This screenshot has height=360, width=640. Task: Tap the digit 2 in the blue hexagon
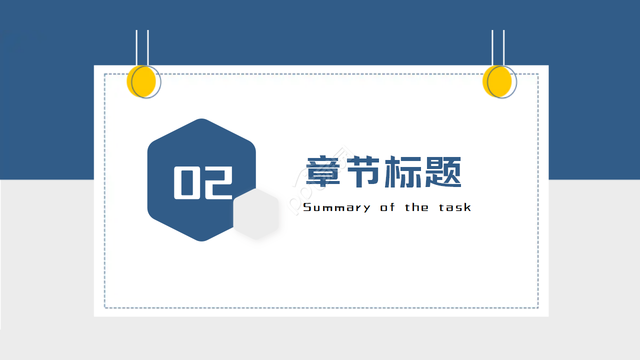(x=217, y=182)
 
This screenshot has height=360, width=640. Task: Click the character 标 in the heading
(x=403, y=172)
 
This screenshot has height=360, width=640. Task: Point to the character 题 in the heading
(x=442, y=172)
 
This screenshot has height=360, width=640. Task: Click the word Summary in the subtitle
(x=336, y=207)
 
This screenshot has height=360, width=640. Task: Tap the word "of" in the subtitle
(x=387, y=207)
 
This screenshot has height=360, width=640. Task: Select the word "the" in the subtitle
(x=416, y=207)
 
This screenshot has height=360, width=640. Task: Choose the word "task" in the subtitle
(x=455, y=207)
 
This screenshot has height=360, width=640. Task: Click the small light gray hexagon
(x=256, y=214)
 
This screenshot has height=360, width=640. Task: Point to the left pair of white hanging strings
(x=142, y=47)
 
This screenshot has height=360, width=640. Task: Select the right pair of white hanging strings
(x=498, y=47)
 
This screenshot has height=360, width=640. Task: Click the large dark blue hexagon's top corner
(x=201, y=120)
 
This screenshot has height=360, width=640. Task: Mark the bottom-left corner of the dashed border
(x=105, y=307)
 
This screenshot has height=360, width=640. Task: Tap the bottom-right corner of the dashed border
(x=537, y=307)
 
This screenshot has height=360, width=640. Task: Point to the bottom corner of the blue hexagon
(x=201, y=240)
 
